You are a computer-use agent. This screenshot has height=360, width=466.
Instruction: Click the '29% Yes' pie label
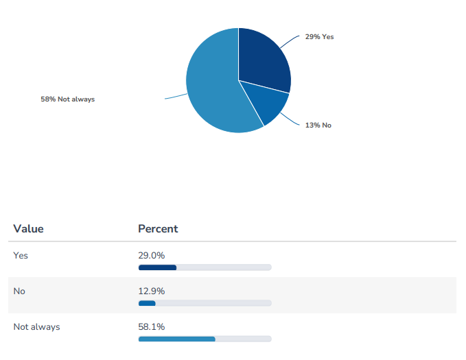click(319, 36)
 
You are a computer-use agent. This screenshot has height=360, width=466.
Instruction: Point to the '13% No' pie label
click(318, 125)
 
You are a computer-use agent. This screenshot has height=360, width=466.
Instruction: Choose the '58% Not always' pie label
click(67, 99)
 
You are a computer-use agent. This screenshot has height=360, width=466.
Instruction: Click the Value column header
click(28, 229)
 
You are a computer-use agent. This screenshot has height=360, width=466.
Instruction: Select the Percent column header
click(158, 229)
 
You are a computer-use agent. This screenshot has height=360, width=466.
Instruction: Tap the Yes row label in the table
click(21, 255)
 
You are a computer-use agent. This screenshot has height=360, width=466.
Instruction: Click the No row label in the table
click(19, 291)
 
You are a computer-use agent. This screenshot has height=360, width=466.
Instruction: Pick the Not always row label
click(36, 327)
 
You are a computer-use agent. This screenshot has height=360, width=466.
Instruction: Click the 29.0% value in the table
click(152, 255)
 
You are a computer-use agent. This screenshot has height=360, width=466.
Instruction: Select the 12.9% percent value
click(152, 291)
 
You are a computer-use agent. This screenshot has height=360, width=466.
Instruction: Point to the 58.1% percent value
click(152, 327)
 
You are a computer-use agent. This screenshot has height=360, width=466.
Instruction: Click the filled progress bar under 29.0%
click(157, 267)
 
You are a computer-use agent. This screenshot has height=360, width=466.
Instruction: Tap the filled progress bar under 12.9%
click(147, 303)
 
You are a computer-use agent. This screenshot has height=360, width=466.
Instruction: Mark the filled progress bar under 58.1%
click(176, 339)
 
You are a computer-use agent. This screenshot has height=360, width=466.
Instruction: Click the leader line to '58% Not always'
click(175, 97)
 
